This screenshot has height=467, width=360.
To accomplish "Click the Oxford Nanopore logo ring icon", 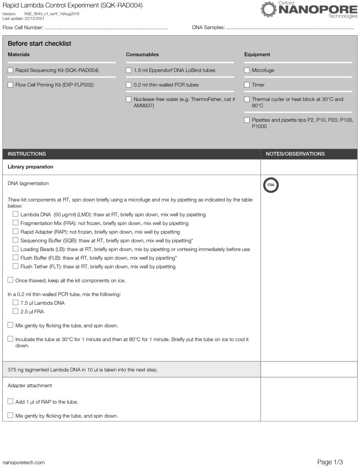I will coord(268,9).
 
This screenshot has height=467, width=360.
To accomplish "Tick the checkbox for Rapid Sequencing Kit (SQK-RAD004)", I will coord(10,70).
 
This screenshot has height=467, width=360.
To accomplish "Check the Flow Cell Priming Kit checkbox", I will coord(10,84).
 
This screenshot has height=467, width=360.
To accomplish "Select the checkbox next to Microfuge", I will coord(247,70).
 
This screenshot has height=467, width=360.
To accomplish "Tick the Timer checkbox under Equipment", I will coord(247,84).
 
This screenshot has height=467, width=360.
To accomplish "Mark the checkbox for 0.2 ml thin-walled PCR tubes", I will coord(129,84).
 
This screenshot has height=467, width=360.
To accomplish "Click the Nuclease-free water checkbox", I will coord(129,99).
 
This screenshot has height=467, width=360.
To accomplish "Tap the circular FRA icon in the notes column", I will coord(271,185).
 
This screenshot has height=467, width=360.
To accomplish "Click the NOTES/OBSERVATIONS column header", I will coord(295,154).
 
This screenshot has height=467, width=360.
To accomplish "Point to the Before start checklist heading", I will coord(39,44).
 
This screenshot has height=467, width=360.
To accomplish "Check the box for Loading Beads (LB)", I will coord(16,249).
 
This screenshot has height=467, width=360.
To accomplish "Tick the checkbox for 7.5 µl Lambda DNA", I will coord(16,302).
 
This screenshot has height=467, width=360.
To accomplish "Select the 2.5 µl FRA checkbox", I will coord(16,311).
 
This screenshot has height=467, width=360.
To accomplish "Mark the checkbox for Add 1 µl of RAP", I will coord(10,401).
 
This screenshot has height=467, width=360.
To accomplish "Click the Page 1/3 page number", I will coord(330,462).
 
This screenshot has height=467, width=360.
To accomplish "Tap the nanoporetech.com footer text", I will coord(24,462).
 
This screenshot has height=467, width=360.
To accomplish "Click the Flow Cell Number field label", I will coord(23,28).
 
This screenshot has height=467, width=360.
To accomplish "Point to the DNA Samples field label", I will coord(208,28).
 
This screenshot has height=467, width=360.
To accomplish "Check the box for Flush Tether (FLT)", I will coord(16,266).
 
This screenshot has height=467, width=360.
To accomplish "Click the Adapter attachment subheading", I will coord(30,385).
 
